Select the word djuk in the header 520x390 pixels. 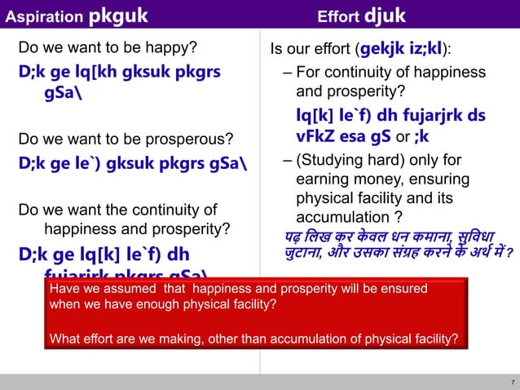(385, 15)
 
